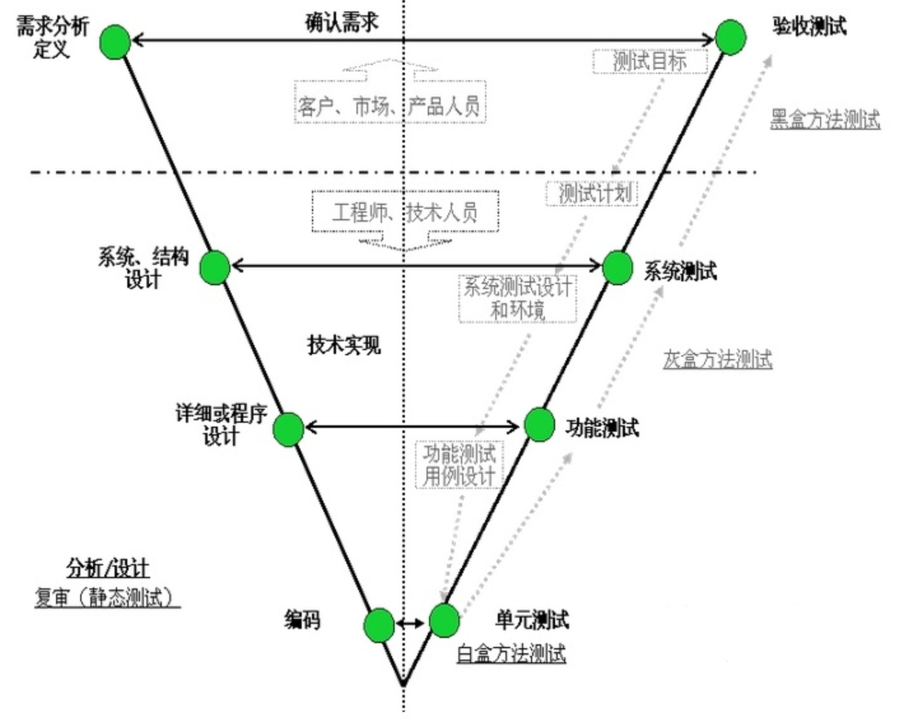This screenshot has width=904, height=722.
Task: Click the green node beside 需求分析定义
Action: point(115,42)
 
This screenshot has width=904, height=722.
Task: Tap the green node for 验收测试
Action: point(730,37)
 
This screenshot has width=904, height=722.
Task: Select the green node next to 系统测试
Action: point(618,267)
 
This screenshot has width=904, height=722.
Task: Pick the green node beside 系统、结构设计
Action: point(215,267)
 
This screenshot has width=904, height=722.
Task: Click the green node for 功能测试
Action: point(539,425)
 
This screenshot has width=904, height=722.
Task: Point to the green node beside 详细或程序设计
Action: point(288,430)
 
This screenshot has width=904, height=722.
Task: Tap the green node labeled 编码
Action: point(379,625)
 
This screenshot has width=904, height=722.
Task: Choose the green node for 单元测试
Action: point(444,621)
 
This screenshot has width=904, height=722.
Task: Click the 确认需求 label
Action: point(341,22)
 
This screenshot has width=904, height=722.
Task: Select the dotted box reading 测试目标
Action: point(650,61)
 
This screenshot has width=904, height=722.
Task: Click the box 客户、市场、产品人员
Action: point(390,102)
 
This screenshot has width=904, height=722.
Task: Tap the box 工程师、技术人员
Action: point(406,211)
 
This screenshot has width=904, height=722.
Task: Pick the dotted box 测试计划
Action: point(592,194)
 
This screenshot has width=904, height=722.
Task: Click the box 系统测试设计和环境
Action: point(518,299)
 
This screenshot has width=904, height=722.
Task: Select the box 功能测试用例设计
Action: point(460,464)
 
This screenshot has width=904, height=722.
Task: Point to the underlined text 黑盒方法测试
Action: point(825,119)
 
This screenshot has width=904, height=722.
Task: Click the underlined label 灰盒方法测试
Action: point(718,360)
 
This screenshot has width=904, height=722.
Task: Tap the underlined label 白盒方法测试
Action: point(511,654)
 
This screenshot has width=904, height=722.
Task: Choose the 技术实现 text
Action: point(344,346)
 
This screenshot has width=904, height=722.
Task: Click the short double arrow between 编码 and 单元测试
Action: point(411,623)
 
